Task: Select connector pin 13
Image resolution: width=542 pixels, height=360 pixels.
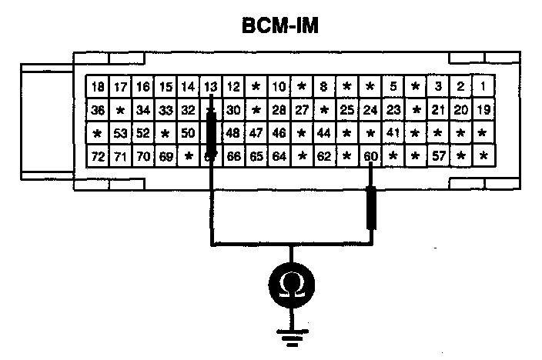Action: [210, 86]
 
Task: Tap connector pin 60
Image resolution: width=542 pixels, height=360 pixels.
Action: [371, 157]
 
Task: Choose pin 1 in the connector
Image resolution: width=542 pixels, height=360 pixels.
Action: [483, 86]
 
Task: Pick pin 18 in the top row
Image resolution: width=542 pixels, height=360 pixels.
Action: [97, 86]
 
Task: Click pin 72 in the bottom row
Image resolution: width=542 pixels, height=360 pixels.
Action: [97, 157]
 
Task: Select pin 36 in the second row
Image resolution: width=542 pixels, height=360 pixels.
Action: [97, 110]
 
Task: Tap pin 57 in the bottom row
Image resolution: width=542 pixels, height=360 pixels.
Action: [438, 157]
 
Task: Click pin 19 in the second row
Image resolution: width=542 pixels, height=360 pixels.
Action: [483, 110]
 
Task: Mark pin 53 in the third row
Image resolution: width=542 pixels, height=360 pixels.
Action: [119, 133]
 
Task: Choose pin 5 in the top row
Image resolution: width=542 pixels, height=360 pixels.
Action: [393, 86]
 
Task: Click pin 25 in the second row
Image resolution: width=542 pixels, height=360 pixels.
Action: [347, 110]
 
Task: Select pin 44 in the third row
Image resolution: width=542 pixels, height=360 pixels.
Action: [324, 133]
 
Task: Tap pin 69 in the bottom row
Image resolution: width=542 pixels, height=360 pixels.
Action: [165, 157]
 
